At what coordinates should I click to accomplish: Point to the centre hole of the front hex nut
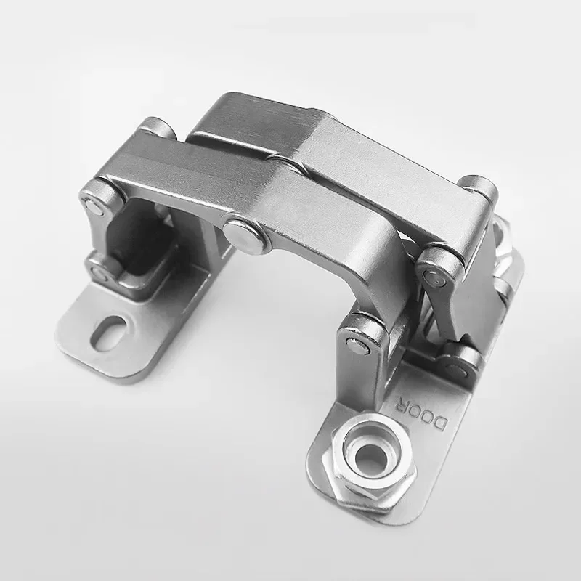point(371,455)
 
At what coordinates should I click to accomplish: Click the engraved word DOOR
point(421,410)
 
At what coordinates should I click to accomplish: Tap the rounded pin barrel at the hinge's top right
point(479,187)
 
